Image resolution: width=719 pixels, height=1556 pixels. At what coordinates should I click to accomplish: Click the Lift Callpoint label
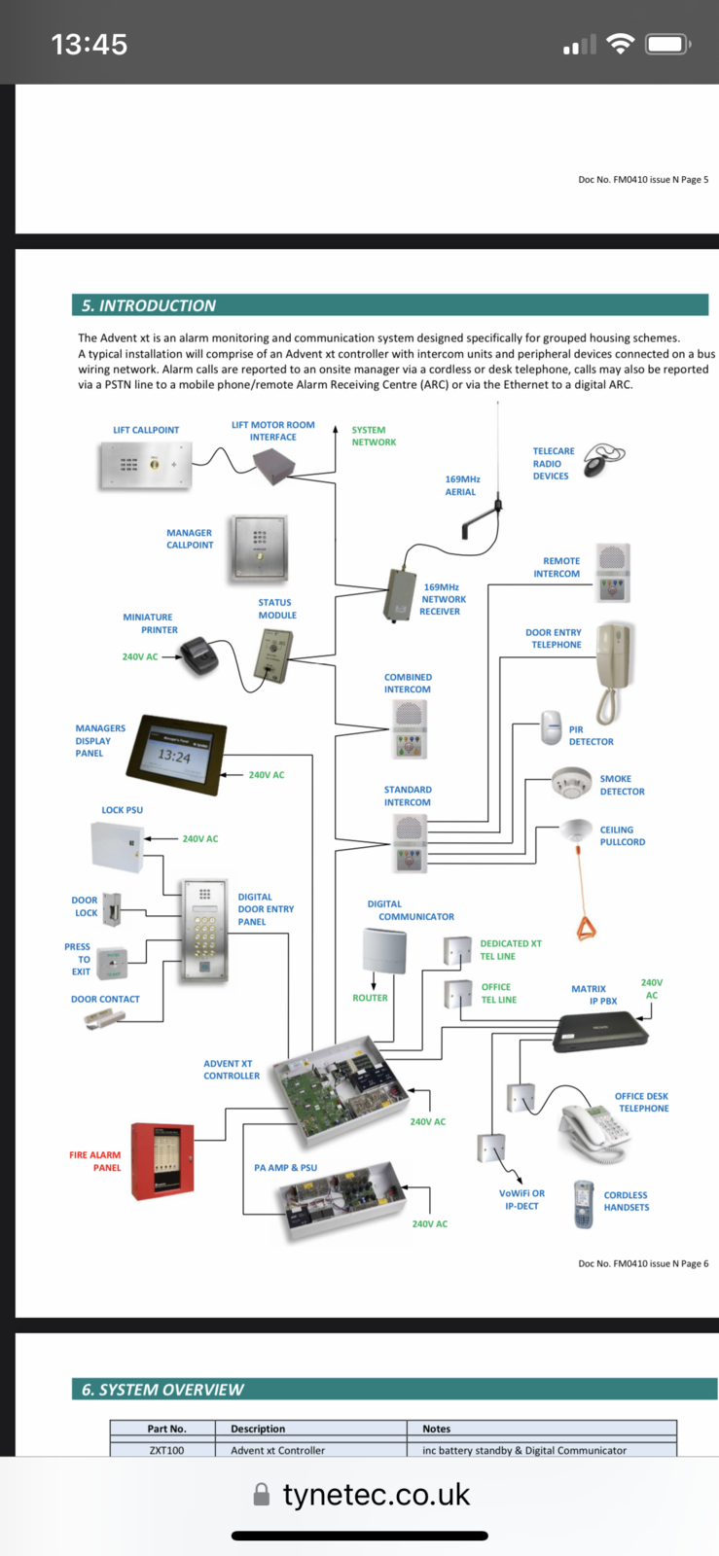pyautogui.click(x=146, y=430)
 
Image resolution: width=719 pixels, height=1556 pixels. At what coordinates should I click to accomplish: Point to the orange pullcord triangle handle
pyautogui.click(x=586, y=929)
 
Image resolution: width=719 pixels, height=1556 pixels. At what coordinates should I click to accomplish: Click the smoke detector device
pyautogui.click(x=571, y=782)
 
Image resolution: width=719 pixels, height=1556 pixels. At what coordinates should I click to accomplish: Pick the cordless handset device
pyautogui.click(x=583, y=1204)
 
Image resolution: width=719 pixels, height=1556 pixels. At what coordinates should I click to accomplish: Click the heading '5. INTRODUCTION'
pyautogui.click(x=149, y=305)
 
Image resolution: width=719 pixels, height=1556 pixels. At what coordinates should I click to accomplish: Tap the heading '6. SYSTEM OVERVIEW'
pyautogui.click(x=162, y=1390)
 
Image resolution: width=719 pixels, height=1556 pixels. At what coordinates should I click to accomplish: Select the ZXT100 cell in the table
pyautogui.click(x=167, y=1450)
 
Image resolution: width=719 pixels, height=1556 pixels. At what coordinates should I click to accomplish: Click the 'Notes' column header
pyautogui.click(x=437, y=1429)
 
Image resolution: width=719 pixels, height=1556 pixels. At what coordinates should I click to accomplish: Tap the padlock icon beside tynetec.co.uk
pyautogui.click(x=261, y=1495)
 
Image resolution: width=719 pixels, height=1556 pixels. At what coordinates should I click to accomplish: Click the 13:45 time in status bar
pyautogui.click(x=89, y=44)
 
